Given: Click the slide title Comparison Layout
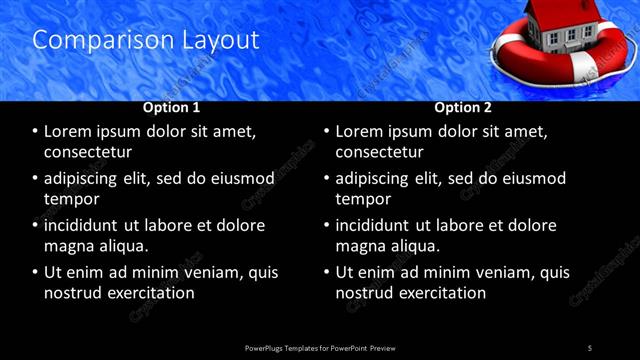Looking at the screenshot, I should (146, 40).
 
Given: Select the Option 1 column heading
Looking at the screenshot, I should (172, 107).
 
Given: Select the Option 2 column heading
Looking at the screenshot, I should (463, 107).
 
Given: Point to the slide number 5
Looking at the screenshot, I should (590, 347).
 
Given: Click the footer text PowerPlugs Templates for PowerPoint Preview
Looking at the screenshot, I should (320, 347).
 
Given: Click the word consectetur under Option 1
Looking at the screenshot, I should (88, 152).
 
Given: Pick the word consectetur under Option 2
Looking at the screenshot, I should (379, 152).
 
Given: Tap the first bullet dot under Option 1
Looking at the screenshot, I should (35, 131).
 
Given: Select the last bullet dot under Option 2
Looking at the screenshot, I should (326, 272).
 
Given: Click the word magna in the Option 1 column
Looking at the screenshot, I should (68, 246).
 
